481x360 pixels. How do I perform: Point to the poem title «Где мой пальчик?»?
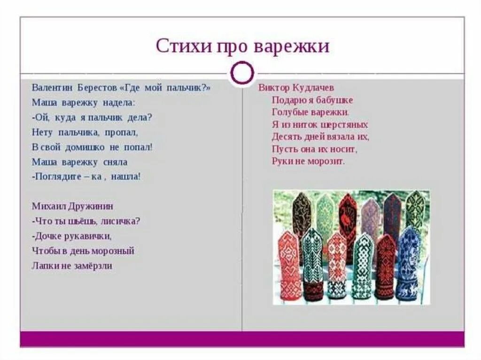(x=168, y=88)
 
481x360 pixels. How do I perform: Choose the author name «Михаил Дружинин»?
(x=73, y=206)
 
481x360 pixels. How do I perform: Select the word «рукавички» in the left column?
(x=86, y=236)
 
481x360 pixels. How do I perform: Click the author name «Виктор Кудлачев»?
(x=296, y=88)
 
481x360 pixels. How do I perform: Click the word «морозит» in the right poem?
(x=327, y=161)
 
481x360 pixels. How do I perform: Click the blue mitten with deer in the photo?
(x=408, y=265)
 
